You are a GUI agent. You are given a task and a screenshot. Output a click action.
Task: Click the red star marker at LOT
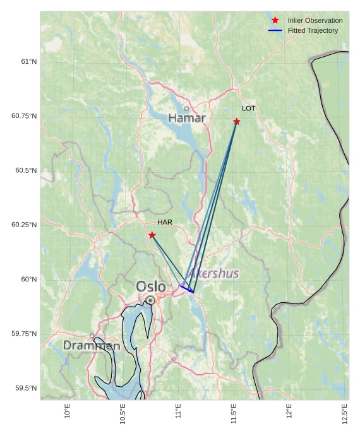(236, 121)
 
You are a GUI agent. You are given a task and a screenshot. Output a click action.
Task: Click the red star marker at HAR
(152, 235)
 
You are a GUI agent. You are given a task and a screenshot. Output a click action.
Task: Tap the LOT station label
(249, 109)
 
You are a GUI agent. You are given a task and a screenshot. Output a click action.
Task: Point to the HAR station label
(165, 222)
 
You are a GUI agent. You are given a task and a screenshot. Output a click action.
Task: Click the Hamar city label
(187, 118)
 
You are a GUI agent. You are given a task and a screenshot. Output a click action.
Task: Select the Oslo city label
(151, 287)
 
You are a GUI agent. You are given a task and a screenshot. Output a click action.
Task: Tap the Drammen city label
(92, 346)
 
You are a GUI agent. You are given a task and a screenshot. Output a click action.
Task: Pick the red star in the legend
(275, 20)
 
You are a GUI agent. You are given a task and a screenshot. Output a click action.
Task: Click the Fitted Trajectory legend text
(313, 30)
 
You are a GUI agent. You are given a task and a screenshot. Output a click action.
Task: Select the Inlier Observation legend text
(315, 20)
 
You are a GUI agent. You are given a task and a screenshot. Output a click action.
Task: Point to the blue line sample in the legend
(275, 30)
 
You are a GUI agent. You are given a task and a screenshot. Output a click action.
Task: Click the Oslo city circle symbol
(150, 300)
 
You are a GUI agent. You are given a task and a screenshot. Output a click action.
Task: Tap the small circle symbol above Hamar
(186, 109)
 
